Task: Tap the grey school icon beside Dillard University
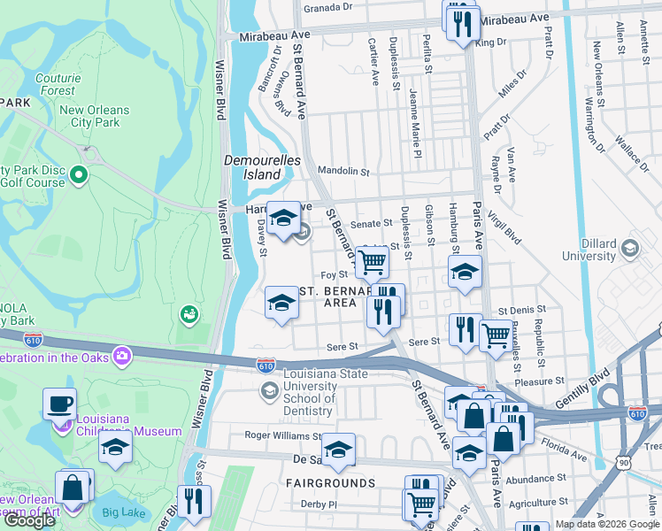pyautogui.click(x=630, y=248)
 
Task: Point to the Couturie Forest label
pyautogui.click(x=57, y=84)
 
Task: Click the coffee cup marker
pyautogui.click(x=60, y=404)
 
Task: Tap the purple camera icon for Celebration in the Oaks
pyautogui.click(x=122, y=357)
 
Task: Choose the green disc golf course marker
pyautogui.click(x=79, y=173)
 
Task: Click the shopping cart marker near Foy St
pyautogui.click(x=373, y=262)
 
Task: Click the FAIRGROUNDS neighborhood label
pyautogui.click(x=330, y=483)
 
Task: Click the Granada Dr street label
pyautogui.click(x=327, y=7)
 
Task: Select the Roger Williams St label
pyautogui.click(x=283, y=436)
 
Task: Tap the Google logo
pyautogui.click(x=29, y=520)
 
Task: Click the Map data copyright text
pyautogui.click(x=607, y=524)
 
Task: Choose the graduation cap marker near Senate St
pyautogui.click(x=283, y=219)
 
